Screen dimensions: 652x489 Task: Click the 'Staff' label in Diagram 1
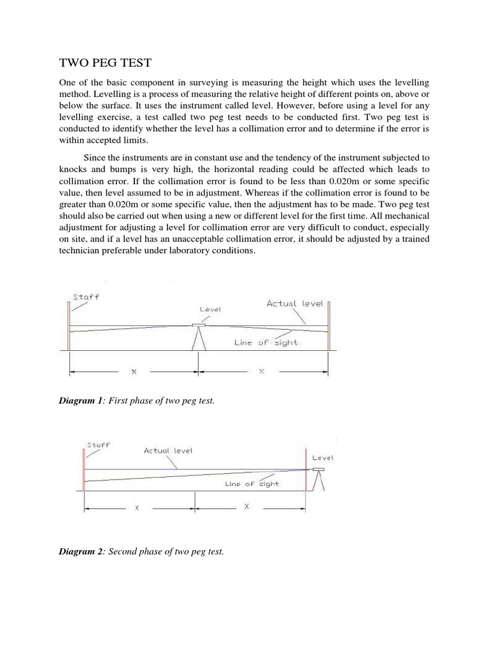point(86,297)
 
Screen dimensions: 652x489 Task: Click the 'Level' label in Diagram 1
point(210,309)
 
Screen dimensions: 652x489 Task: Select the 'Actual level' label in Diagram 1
point(295,303)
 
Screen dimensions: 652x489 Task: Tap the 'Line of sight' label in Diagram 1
point(266,343)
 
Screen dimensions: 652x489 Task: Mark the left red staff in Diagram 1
point(69,325)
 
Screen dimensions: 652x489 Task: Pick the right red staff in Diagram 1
point(329,325)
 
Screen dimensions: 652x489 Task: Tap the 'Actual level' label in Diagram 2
point(168,450)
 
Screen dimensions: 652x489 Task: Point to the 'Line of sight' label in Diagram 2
point(252,484)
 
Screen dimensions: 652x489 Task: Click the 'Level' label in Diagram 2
point(323,457)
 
